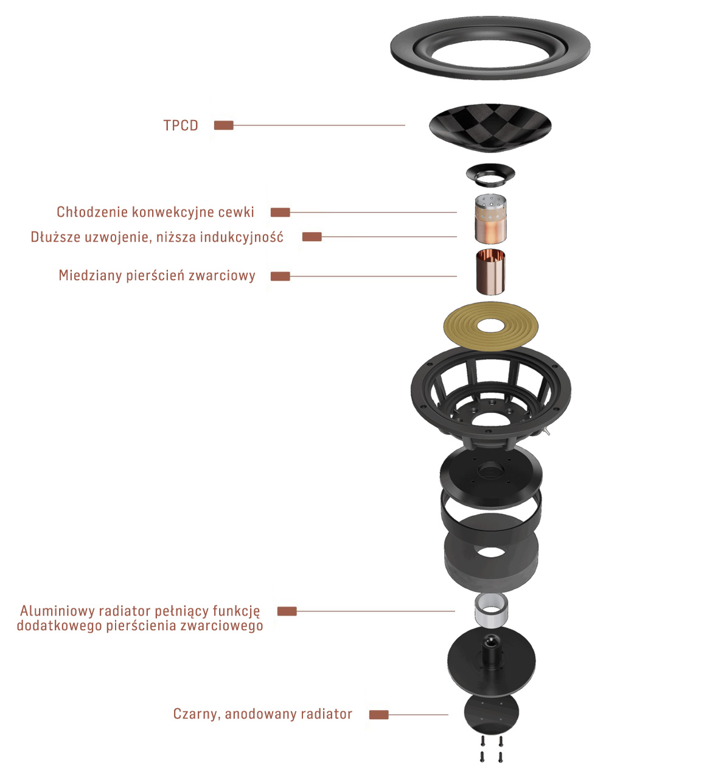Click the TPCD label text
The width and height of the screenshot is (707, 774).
click(x=181, y=125)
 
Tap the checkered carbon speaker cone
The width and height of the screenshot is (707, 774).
click(x=490, y=127)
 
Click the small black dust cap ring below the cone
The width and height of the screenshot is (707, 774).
click(x=490, y=175)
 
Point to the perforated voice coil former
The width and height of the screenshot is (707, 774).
click(x=490, y=219)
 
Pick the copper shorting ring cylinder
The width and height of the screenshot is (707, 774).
click(x=490, y=272)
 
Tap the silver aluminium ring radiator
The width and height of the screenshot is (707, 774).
click(x=491, y=611)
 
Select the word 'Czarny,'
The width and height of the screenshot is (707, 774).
click(x=197, y=714)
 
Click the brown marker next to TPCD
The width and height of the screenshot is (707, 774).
click(x=223, y=125)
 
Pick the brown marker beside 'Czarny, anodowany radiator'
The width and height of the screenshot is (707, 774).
click(x=378, y=715)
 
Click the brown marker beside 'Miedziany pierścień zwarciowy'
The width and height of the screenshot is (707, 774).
click(x=280, y=276)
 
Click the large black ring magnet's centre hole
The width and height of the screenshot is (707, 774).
click(x=490, y=552)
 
